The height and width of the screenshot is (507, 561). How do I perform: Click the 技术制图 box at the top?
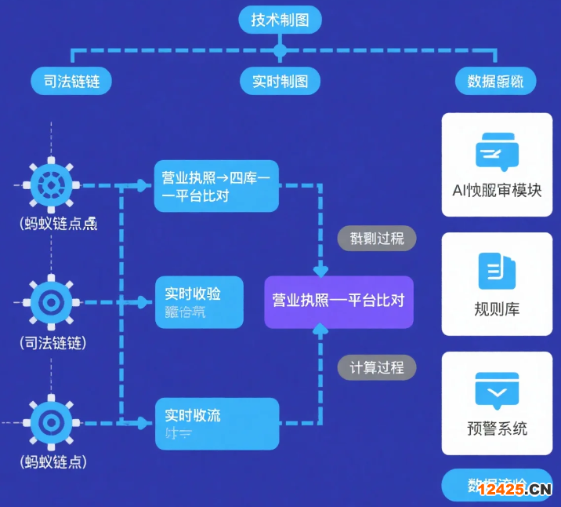(x=280, y=20)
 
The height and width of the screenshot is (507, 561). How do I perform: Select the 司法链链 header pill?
(x=71, y=81)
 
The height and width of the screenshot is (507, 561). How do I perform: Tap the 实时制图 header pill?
(x=280, y=81)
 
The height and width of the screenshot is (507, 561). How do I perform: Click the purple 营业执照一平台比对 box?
(x=338, y=301)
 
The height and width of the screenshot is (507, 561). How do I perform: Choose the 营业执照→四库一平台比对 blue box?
(x=216, y=188)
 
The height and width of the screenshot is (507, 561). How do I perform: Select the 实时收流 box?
(x=216, y=424)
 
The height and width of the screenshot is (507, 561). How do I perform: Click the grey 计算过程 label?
(x=377, y=367)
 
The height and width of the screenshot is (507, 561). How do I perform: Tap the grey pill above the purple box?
(x=377, y=238)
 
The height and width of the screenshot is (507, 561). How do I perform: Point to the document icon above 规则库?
(x=497, y=272)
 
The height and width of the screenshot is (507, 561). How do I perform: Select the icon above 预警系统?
(x=497, y=391)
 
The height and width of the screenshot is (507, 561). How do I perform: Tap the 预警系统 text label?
(x=497, y=429)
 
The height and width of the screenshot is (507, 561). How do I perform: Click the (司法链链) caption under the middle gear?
(x=52, y=343)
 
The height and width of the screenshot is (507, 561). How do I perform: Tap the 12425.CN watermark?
(x=514, y=490)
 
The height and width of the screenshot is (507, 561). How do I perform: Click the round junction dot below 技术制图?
(x=280, y=51)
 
